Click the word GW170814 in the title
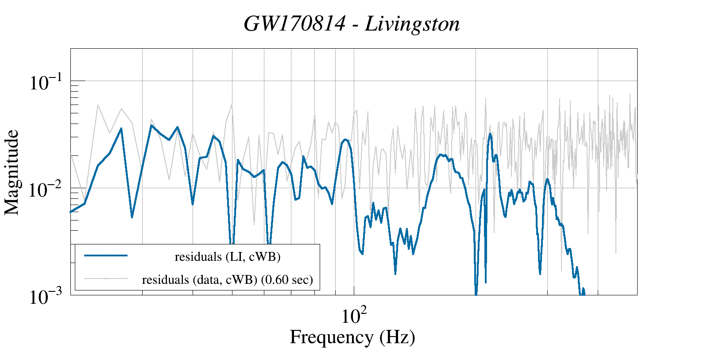pos(294,24)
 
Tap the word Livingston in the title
pos(413,24)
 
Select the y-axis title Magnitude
pos(12,173)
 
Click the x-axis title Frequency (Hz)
pos(352,337)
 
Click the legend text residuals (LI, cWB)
pos(228,257)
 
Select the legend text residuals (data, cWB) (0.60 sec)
pos(228,280)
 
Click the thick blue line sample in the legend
pos(106,255)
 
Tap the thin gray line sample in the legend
pos(106,279)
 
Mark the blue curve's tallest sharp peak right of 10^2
pos(490,134)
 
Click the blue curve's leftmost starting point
pos(71,212)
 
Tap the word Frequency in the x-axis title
pos(332,337)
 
